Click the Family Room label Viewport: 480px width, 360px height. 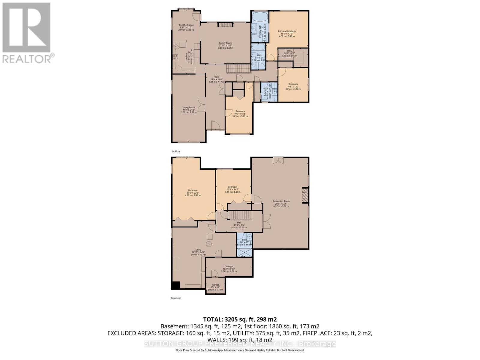coord(225,43)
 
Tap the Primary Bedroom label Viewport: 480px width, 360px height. coord(286,31)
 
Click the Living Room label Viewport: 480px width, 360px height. coord(189,107)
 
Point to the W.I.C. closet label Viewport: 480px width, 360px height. coord(289,51)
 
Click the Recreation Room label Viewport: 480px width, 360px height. coord(281,201)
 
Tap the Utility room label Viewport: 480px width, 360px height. coord(198,250)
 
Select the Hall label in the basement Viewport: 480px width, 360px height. coord(239,223)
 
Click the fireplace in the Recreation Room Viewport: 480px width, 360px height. coord(305,195)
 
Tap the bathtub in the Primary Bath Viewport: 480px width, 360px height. coord(259,16)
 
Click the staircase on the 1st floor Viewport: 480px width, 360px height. coord(238,69)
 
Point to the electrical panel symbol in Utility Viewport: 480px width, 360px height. coord(209,244)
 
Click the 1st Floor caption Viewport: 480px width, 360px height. coord(176,151)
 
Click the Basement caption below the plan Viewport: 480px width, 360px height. coord(175,298)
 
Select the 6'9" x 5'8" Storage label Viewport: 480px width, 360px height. coord(215,285)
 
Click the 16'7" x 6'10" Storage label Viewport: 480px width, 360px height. coord(229,266)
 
